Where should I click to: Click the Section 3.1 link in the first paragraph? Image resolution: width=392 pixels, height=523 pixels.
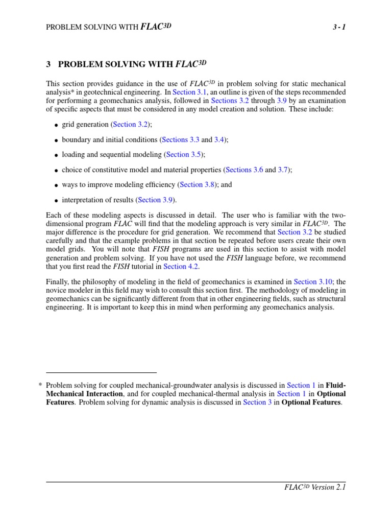point(191,92)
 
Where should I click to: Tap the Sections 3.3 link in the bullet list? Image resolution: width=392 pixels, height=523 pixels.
point(180,139)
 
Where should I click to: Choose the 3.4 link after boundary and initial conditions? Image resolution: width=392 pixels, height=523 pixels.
point(219,139)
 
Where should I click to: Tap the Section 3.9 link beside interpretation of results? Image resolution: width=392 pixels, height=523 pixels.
point(156,200)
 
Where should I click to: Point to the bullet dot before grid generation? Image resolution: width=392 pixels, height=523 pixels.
point(56,125)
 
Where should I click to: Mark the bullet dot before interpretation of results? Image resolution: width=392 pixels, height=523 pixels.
point(56,200)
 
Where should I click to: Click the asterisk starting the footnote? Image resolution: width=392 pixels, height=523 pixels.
point(40,385)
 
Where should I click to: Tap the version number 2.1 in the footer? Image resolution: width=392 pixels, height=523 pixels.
point(341,487)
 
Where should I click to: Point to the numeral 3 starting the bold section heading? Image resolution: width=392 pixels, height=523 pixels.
point(48,64)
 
